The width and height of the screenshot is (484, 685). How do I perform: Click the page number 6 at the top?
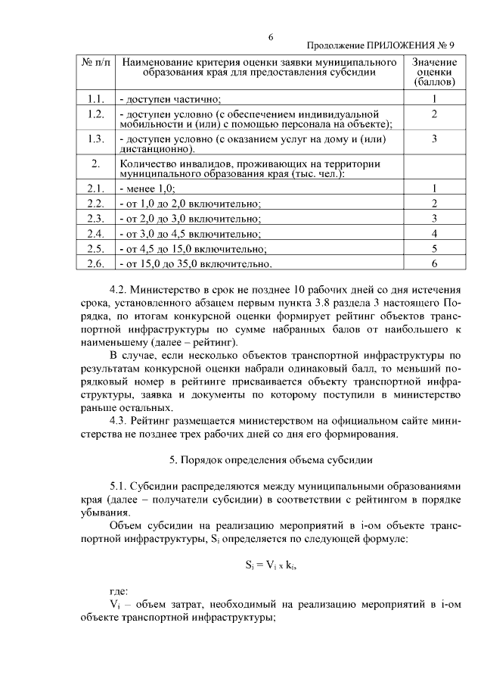click(271, 37)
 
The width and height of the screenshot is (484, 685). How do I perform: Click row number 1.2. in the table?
click(95, 114)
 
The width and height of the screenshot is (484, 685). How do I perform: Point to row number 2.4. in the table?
click(95, 233)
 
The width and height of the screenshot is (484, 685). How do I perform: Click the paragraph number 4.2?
click(121, 291)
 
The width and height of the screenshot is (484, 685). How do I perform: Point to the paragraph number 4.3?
click(121, 420)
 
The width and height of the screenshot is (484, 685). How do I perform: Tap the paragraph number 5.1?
click(121, 484)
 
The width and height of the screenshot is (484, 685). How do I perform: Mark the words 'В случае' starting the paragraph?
click(130, 355)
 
